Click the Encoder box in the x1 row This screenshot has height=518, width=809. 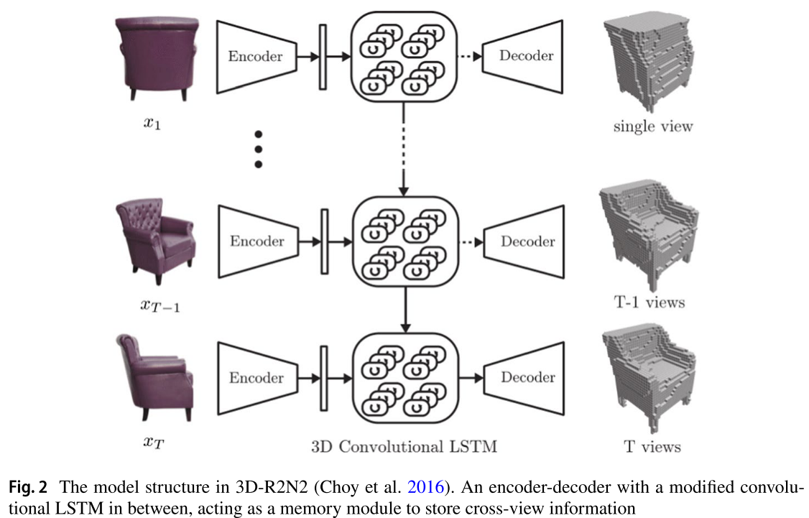click(x=256, y=57)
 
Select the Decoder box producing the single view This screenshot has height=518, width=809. click(x=527, y=56)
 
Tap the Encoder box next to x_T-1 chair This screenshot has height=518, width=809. click(x=256, y=241)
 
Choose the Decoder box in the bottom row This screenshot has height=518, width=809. click(x=527, y=377)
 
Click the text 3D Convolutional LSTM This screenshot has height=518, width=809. click(x=404, y=446)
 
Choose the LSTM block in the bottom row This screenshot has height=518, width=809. click(x=403, y=377)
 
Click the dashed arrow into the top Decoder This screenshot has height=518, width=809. click(x=468, y=57)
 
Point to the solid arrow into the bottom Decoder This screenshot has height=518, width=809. click(x=469, y=377)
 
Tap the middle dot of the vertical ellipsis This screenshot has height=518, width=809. click(x=259, y=149)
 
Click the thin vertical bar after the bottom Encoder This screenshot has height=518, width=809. click(x=323, y=377)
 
